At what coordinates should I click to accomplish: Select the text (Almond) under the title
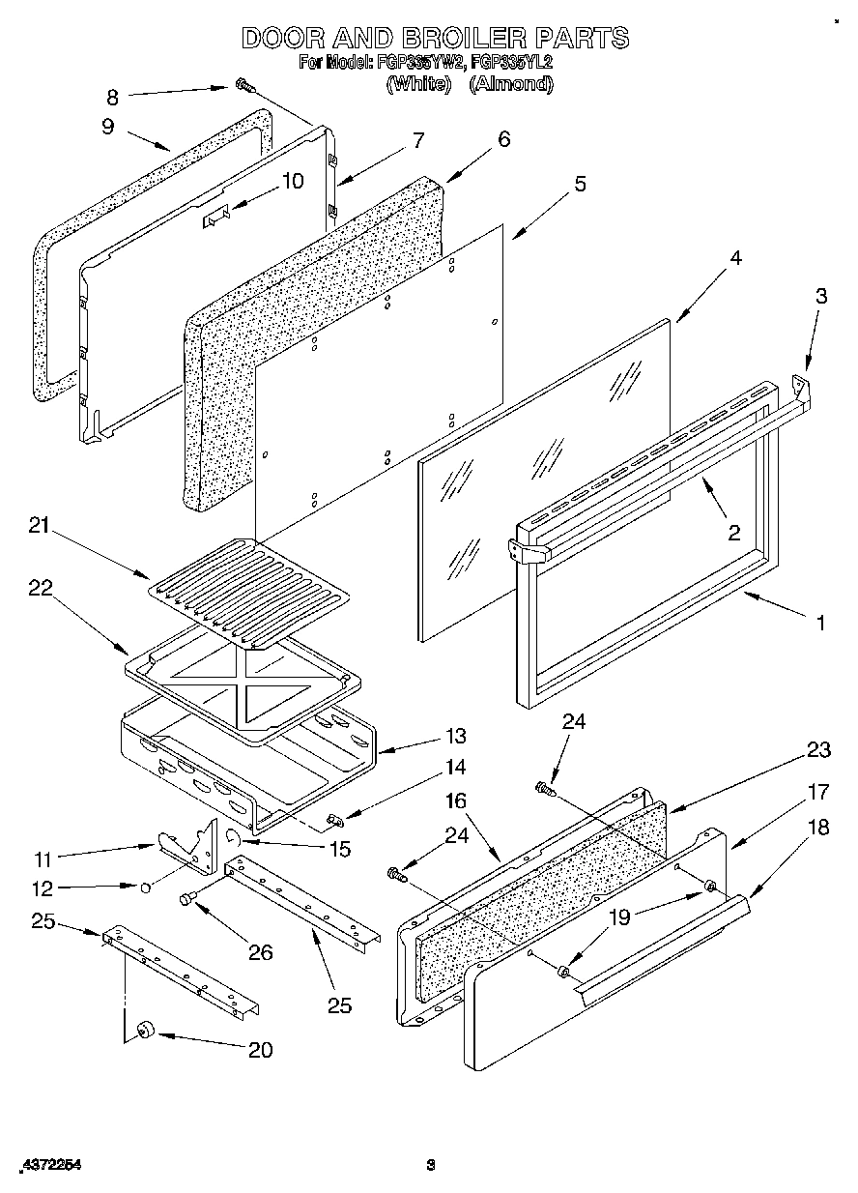511,84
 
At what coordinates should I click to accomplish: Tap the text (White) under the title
418,84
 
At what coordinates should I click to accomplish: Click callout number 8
112,96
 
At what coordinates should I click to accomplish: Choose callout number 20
260,1049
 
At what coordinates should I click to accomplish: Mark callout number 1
820,623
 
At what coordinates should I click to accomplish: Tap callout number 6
503,139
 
